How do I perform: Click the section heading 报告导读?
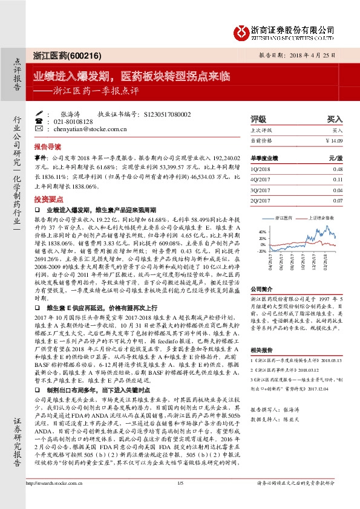pyautogui.click(x=47, y=147)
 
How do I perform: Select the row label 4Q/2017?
pyautogui.click(x=260, y=180)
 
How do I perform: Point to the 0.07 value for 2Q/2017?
pyautogui.click(x=338, y=200)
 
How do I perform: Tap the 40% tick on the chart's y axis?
pyautogui.click(x=261, y=231)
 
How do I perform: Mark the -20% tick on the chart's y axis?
pyautogui.click(x=261, y=250)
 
